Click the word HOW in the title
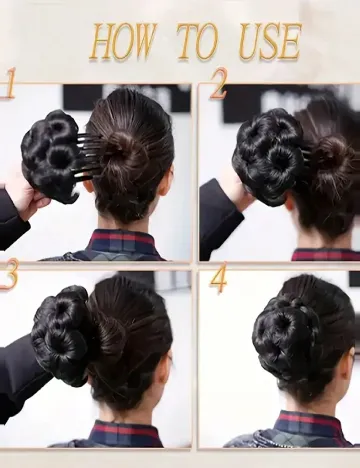coord(123,42)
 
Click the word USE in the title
coord(270,41)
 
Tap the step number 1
coord(9,83)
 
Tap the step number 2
coord(219,83)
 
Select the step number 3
coord(9,274)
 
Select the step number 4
coord(219,277)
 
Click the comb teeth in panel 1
coord(89,157)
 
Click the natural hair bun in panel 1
coord(127,150)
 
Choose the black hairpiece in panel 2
coord(268,158)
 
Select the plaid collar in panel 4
coord(308,426)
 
